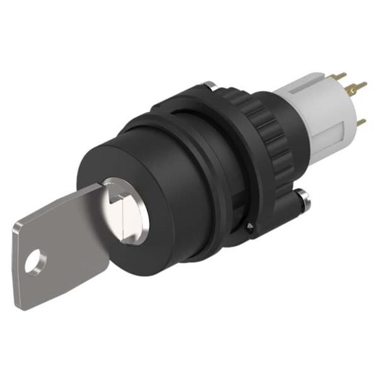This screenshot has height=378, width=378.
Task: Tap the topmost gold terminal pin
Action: coord(340,76)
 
